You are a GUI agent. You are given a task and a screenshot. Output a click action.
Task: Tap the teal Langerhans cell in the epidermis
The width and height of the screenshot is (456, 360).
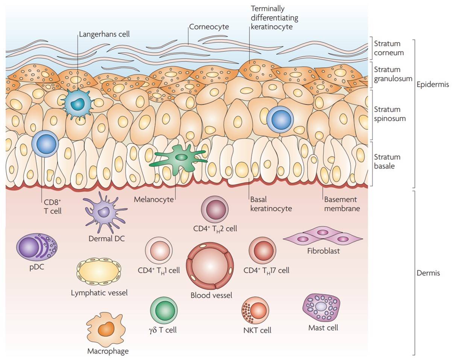click(78, 103)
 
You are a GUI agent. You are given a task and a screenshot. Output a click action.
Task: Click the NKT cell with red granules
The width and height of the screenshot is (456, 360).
click(255, 310)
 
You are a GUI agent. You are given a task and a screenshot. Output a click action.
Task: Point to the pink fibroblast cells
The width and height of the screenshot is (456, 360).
click(323, 236)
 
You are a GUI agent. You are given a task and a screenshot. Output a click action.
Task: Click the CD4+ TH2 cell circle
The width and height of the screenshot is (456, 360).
click(215, 209)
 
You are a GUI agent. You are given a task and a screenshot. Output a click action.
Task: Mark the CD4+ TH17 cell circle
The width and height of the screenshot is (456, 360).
click(263, 250)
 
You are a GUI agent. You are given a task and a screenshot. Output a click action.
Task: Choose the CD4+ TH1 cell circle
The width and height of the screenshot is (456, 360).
click(159, 251)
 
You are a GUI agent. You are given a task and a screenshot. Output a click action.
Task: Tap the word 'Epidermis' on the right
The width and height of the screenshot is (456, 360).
click(433, 84)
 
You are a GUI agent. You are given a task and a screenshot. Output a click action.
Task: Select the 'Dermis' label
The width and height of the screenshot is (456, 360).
click(428, 273)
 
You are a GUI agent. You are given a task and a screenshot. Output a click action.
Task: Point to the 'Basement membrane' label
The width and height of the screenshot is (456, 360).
click(340, 204)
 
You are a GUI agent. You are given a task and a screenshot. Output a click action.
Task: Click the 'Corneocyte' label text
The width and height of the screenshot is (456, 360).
click(209, 27)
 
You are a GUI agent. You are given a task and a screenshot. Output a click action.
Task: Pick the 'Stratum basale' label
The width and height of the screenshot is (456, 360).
click(387, 161)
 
